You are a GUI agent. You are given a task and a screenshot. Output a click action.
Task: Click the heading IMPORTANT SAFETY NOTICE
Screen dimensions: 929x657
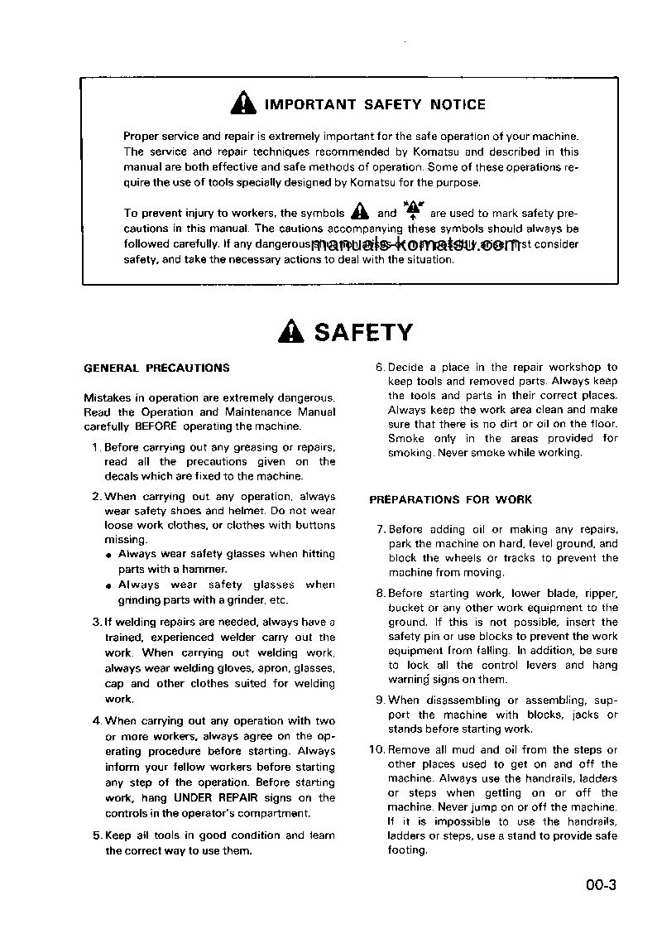click(x=375, y=104)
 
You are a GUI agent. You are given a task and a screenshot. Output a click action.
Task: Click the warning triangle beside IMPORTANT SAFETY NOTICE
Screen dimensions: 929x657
click(x=243, y=104)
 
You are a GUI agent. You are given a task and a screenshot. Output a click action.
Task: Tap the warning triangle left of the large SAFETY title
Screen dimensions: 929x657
click(x=291, y=333)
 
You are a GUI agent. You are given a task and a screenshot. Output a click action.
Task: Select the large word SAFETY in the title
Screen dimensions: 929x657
click(x=363, y=333)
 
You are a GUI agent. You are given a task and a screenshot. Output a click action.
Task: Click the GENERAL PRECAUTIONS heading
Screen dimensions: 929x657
click(x=157, y=368)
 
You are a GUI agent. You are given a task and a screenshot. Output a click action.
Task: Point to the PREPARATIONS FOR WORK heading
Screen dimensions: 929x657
click(x=450, y=499)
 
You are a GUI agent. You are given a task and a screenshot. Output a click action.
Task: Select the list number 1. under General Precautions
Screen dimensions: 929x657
click(x=97, y=447)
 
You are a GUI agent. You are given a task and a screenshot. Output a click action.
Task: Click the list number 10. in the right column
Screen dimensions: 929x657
click(x=376, y=749)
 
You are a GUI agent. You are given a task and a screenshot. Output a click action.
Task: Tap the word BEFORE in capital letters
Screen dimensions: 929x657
click(x=157, y=426)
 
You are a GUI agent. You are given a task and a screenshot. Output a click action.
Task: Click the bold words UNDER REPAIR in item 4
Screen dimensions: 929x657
click(x=209, y=798)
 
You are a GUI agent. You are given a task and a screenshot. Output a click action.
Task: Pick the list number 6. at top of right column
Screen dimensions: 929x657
click(x=381, y=367)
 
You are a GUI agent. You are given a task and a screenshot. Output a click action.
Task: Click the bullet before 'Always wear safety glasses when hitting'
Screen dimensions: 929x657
click(x=109, y=555)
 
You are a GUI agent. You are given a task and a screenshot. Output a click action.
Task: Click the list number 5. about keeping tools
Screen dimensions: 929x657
click(x=97, y=835)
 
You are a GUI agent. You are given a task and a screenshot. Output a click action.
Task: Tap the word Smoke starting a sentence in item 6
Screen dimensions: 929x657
click(x=406, y=438)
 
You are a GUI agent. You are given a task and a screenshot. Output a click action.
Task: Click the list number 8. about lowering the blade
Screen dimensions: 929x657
click(x=381, y=593)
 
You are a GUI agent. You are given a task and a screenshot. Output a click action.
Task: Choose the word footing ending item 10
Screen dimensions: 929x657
click(x=407, y=850)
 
